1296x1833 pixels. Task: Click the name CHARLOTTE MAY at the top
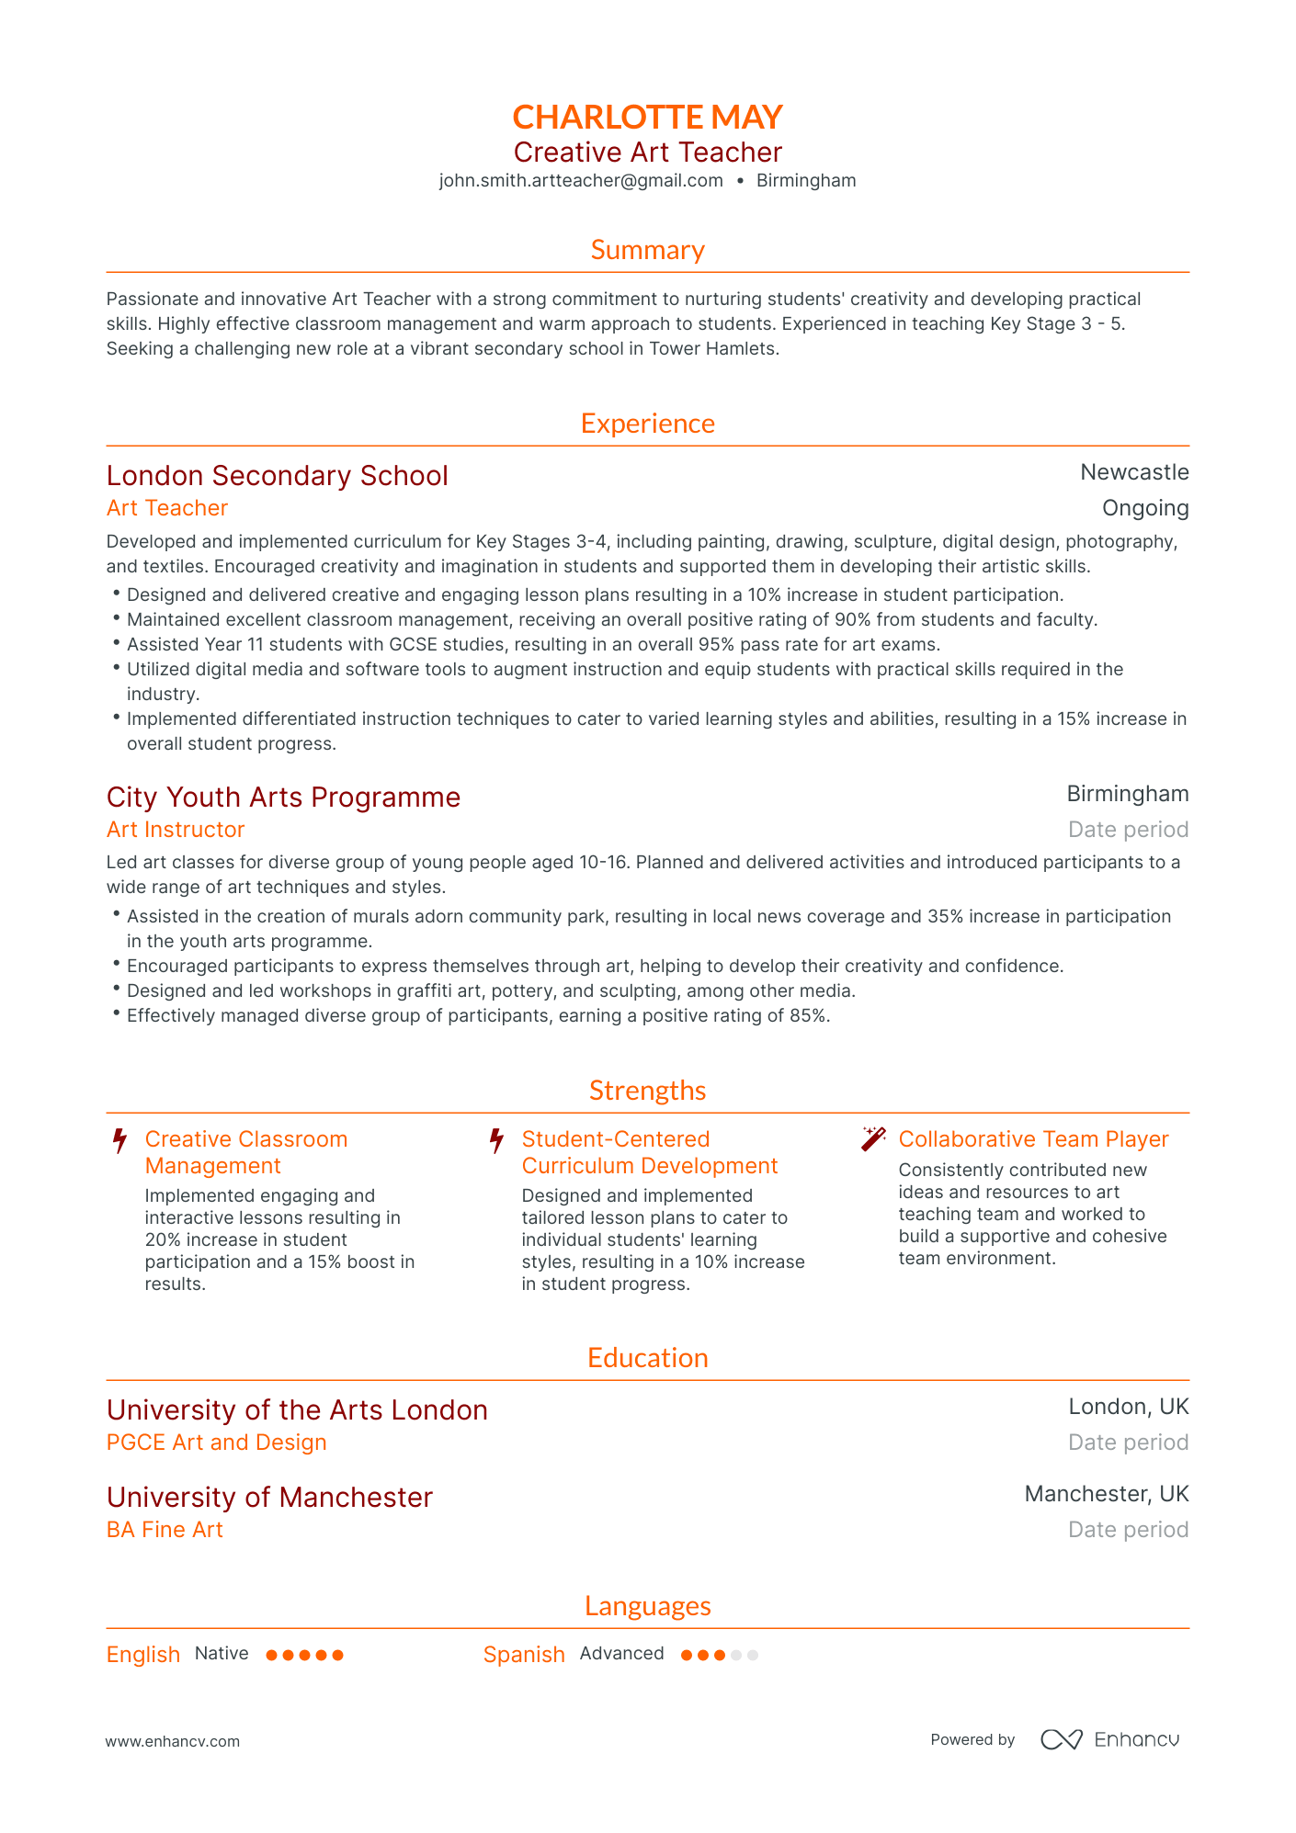click(647, 117)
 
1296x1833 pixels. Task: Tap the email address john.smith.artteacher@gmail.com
click(581, 181)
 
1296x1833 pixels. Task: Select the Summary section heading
click(647, 250)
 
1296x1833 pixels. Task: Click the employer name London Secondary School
click(277, 476)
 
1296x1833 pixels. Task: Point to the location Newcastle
click(1134, 472)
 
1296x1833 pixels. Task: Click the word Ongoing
click(1145, 508)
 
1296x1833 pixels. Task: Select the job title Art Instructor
click(176, 830)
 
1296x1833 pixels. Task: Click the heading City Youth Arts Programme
click(283, 798)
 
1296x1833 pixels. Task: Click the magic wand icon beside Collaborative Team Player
click(873, 1139)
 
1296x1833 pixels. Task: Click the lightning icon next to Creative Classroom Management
click(119, 1141)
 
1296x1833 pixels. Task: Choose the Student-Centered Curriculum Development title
click(649, 1152)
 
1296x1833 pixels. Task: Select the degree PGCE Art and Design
click(216, 1443)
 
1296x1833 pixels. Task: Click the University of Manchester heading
click(269, 1498)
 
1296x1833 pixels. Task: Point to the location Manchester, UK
click(1107, 1494)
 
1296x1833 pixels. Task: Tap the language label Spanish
click(524, 1655)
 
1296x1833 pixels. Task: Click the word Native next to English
click(222, 1654)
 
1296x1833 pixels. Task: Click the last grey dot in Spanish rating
click(753, 1656)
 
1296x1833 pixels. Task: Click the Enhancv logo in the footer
click(1109, 1740)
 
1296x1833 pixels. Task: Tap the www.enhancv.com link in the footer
click(172, 1742)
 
